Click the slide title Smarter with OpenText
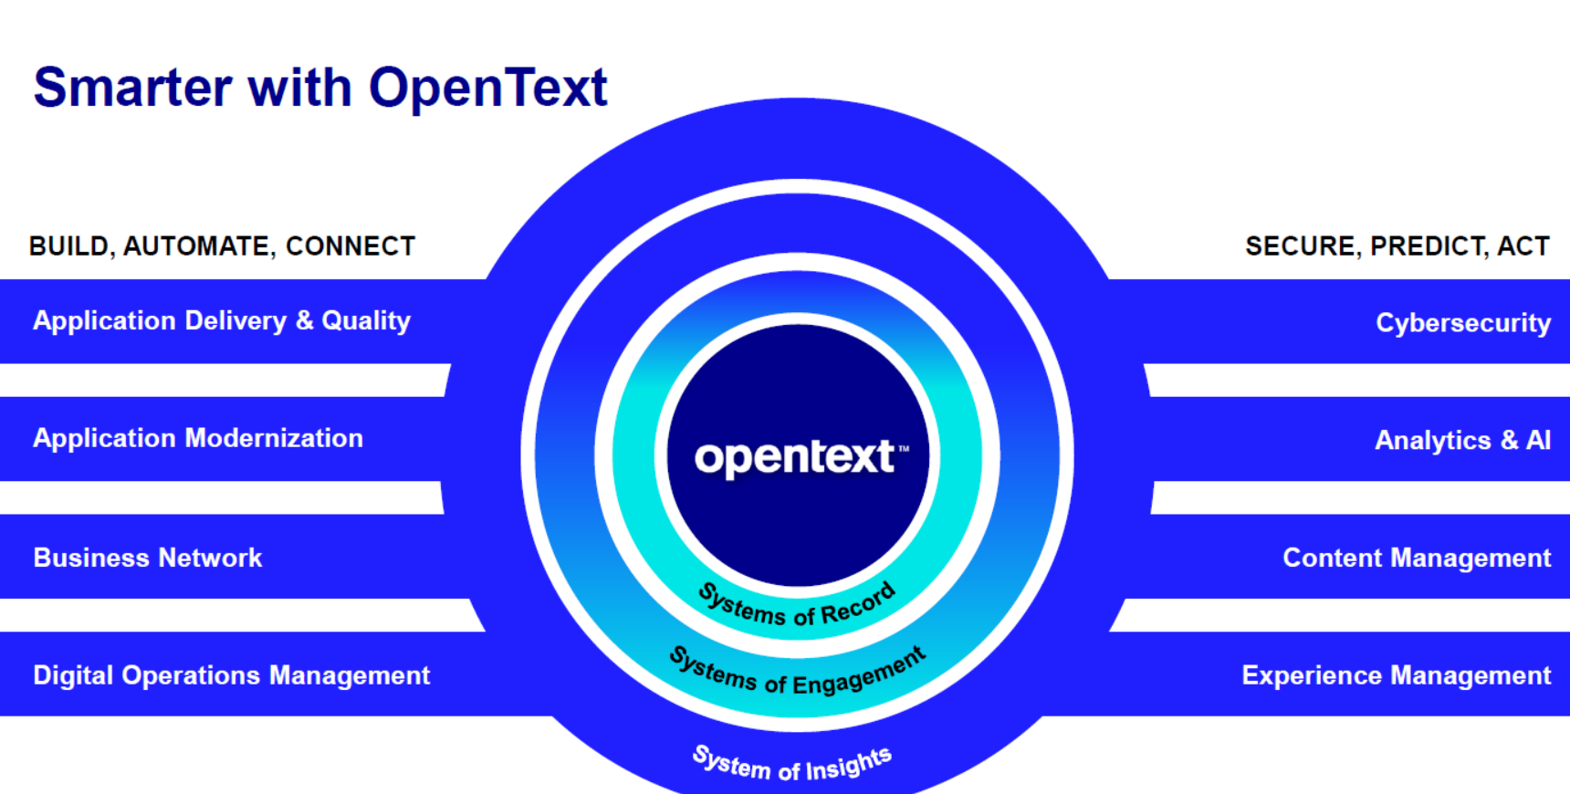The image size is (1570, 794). (x=320, y=89)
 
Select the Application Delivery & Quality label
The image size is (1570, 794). (x=222, y=321)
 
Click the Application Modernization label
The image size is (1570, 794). (x=198, y=438)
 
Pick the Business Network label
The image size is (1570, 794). (x=148, y=558)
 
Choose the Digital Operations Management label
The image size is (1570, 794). (x=231, y=675)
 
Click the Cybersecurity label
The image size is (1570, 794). (x=1463, y=323)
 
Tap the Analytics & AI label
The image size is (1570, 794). (x=1463, y=441)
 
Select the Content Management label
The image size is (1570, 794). (x=1417, y=558)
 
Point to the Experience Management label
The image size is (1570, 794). (x=1397, y=675)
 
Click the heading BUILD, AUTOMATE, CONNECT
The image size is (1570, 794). (x=222, y=246)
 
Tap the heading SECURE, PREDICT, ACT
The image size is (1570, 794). (x=1397, y=246)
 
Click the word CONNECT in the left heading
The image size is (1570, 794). (x=351, y=246)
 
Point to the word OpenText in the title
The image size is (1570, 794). (x=488, y=89)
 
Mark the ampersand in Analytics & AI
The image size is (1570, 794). (x=1509, y=441)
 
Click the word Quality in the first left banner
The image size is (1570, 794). (x=366, y=321)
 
